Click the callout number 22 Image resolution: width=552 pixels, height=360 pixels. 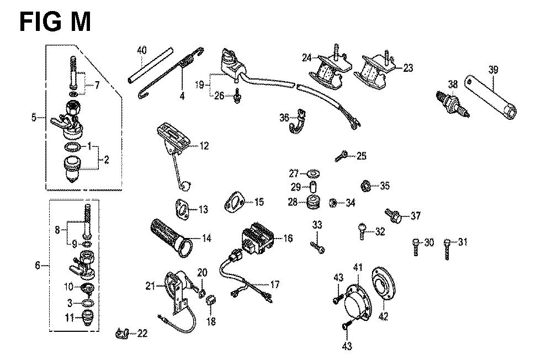pos(142,333)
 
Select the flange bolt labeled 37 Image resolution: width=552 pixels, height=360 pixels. pos(394,215)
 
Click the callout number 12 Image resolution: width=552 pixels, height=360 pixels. pos(205,146)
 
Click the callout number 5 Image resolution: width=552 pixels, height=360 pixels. pos(34,117)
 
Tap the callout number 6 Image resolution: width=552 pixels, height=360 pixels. pos(38,266)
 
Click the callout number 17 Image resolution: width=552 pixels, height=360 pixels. pos(274,284)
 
